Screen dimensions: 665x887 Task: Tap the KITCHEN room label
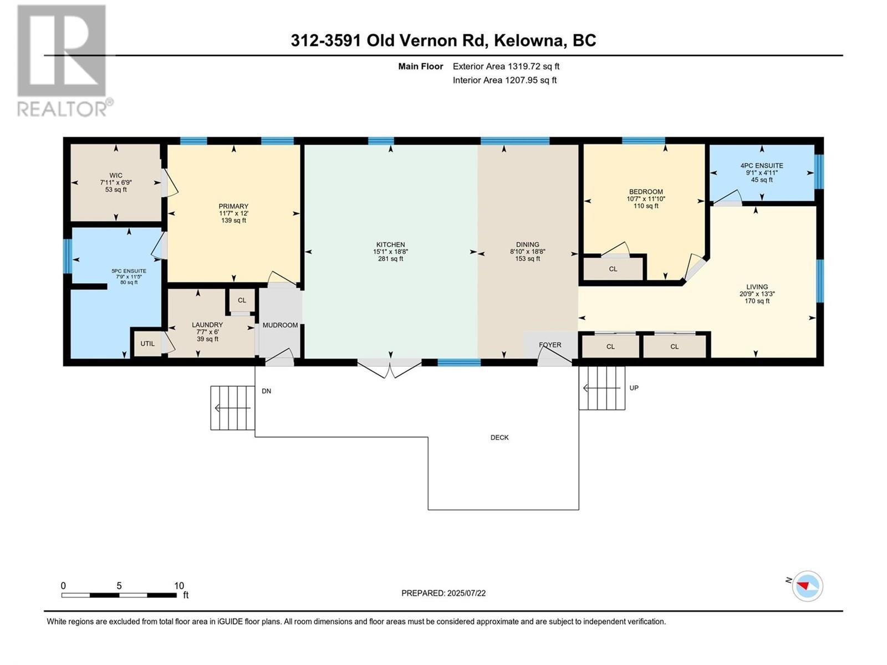pos(390,244)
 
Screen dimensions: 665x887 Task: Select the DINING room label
pos(527,244)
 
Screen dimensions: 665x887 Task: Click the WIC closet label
pos(116,175)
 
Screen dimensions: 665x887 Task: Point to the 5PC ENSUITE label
pos(129,271)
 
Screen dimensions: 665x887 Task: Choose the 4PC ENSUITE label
pos(762,165)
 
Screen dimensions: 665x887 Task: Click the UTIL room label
pos(147,344)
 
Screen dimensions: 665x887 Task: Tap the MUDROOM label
pos(280,325)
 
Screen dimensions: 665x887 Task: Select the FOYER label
pos(550,345)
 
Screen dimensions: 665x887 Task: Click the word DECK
pos(499,437)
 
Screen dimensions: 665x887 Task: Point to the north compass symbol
pos(807,586)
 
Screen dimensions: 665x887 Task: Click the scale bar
pos(119,595)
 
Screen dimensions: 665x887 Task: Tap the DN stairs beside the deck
pos(232,408)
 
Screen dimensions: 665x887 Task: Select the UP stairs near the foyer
pos(601,388)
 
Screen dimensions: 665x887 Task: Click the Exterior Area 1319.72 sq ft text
pos(506,66)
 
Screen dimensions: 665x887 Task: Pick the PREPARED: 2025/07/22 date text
pos(443,593)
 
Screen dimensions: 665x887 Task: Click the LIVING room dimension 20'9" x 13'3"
pos(757,294)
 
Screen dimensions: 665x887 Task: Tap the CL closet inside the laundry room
pos(242,300)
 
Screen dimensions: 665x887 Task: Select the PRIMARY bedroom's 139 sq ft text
pos(233,221)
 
